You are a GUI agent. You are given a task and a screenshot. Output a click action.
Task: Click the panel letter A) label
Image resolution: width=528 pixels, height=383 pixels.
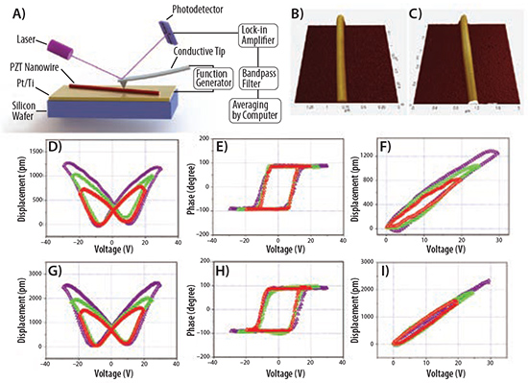point(12,12)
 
